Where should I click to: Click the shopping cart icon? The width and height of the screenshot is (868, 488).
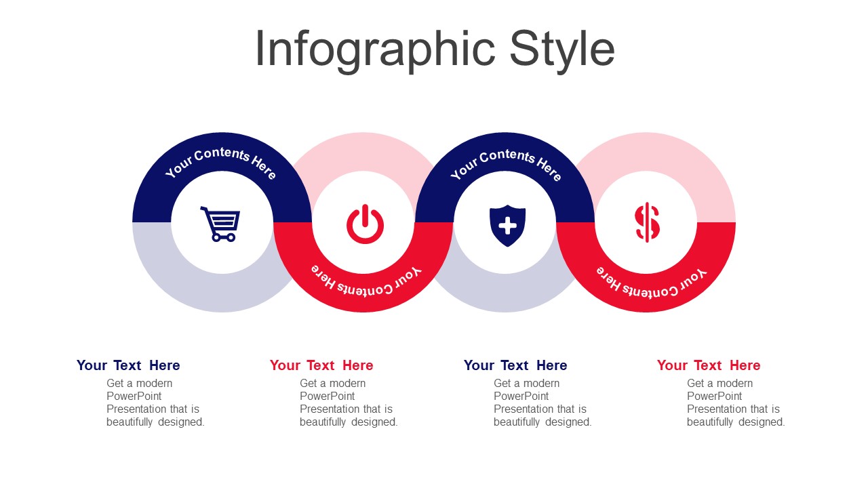tap(220, 224)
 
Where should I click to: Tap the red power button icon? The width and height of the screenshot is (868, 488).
tap(365, 224)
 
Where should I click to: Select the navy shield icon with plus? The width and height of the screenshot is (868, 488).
tap(508, 226)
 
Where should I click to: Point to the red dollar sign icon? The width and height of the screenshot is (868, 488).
tap(647, 222)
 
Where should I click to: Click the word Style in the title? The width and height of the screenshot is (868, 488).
tap(562, 49)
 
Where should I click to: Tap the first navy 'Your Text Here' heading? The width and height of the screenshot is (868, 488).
tap(128, 365)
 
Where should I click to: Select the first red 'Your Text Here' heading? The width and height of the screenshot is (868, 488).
tap(321, 365)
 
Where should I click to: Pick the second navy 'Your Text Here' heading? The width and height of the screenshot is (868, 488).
tap(515, 365)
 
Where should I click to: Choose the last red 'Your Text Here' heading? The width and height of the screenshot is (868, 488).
tap(709, 365)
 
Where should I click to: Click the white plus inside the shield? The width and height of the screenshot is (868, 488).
tap(508, 226)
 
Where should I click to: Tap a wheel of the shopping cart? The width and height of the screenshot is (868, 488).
tap(216, 237)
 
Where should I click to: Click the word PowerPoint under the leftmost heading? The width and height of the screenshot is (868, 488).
tap(134, 396)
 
